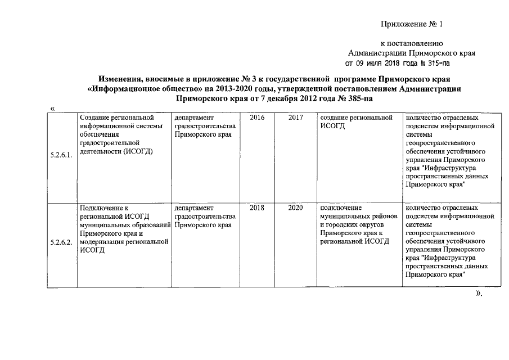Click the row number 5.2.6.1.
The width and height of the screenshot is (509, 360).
click(x=60, y=155)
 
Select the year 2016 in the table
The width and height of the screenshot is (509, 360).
click(x=256, y=118)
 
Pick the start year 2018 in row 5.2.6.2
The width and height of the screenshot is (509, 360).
click(x=256, y=208)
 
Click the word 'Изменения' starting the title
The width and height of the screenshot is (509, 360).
click(x=120, y=78)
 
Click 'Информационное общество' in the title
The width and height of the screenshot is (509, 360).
click(x=142, y=88)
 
